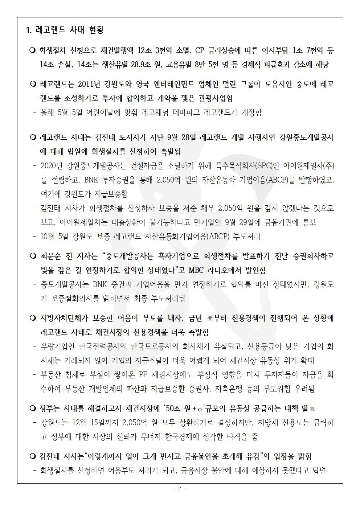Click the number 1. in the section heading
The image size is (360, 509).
click(29, 30)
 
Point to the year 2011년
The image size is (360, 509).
click(91, 85)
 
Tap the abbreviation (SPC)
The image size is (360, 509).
click(264, 166)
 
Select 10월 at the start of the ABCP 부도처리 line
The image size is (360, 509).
click(49, 237)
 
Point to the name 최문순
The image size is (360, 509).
click(51, 256)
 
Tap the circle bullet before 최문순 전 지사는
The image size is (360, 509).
click(32, 256)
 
